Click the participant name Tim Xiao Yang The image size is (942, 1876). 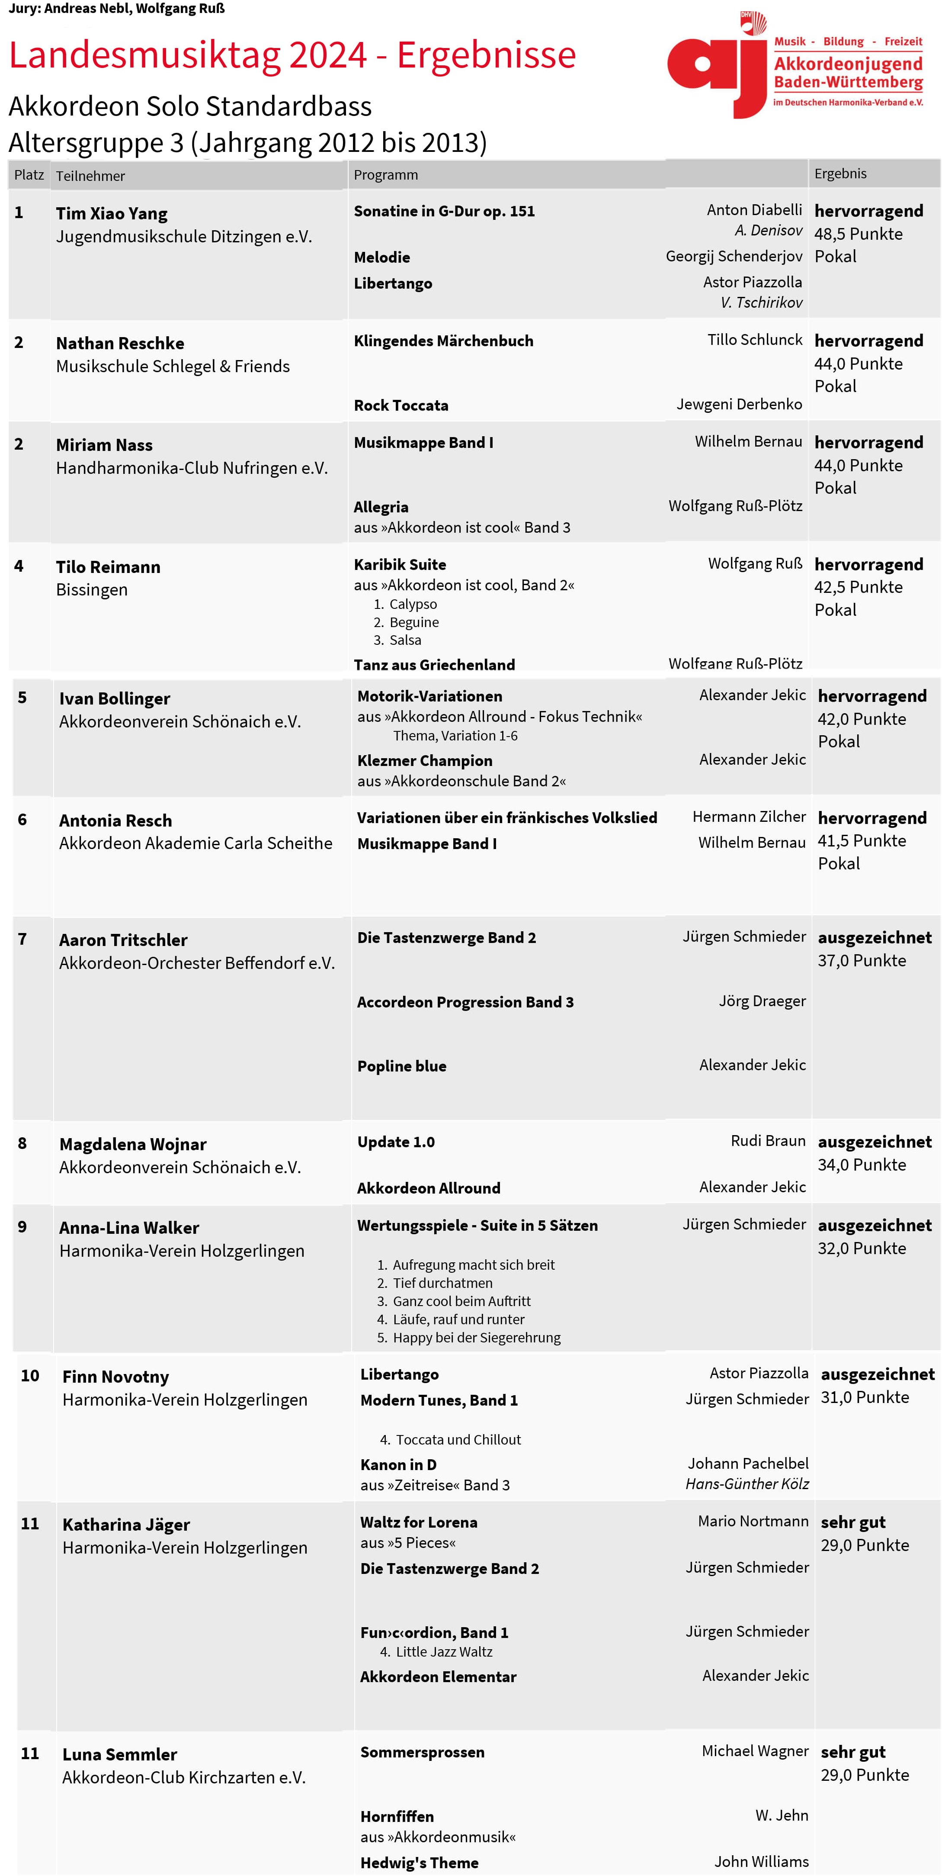tap(112, 213)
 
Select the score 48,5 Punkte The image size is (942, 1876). tap(858, 234)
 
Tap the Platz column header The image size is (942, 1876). tap(29, 176)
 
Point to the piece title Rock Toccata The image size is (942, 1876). tap(401, 405)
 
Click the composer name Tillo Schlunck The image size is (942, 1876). tap(754, 339)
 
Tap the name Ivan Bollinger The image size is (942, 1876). tap(114, 698)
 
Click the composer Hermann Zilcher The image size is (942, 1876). tap(748, 816)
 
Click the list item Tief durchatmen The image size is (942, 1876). tap(442, 1282)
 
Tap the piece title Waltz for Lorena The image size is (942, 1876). tap(419, 1522)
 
